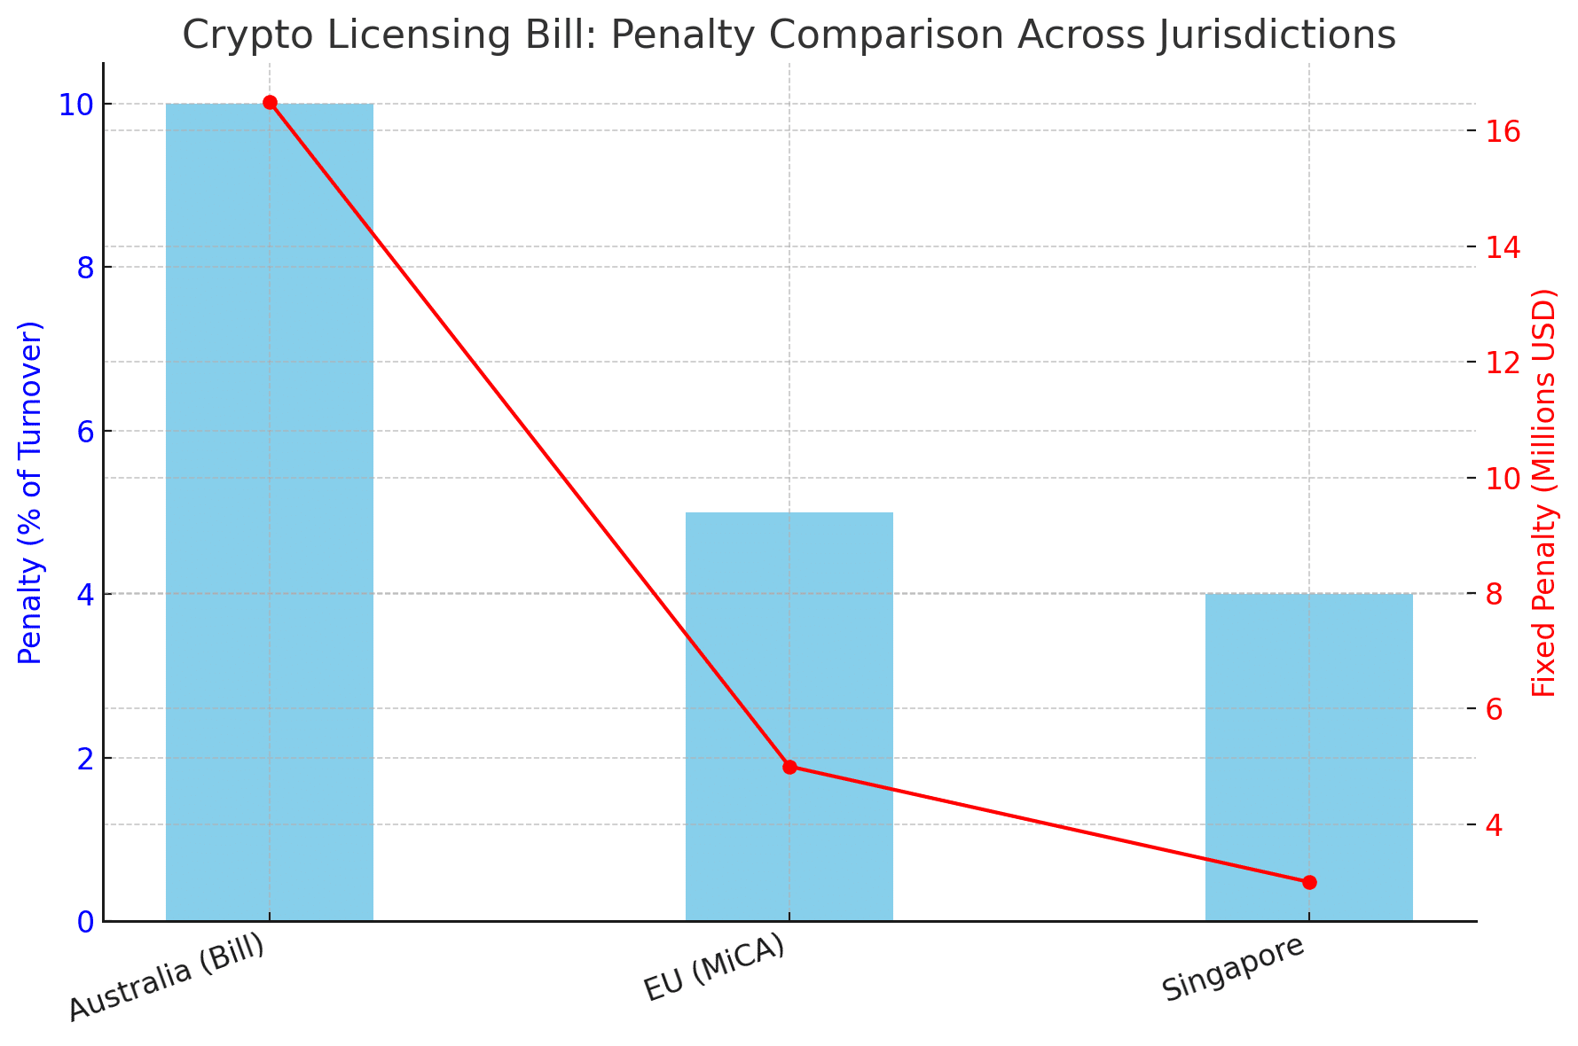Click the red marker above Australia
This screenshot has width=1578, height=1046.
(270, 103)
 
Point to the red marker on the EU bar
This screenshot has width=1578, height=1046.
(789, 767)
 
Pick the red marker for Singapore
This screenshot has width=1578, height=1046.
(1309, 882)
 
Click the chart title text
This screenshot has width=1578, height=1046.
(789, 35)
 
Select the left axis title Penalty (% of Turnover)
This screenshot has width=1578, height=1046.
(31, 492)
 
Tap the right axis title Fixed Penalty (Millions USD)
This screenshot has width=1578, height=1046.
(1544, 492)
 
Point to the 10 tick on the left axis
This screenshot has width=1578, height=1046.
(77, 105)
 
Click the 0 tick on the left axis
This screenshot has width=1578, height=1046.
(86, 922)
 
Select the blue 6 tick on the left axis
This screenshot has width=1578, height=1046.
(86, 432)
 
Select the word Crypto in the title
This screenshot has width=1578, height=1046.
(232, 35)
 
